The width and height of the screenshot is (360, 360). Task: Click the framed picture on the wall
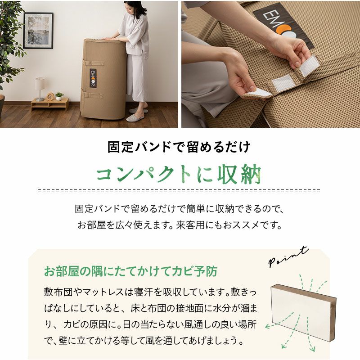pyautogui.click(x=38, y=30)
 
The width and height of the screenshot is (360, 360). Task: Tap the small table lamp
pyautogui.click(x=40, y=89)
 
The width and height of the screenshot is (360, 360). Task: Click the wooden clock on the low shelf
pyautogui.click(x=50, y=96)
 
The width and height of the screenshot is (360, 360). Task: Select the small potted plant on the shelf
pyautogui.click(x=59, y=96)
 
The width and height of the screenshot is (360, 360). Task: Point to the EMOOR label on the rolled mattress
pyautogui.click(x=93, y=78)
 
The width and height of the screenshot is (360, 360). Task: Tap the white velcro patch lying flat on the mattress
pyautogui.click(x=283, y=83)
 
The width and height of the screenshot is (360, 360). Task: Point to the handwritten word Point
pyautogui.click(x=288, y=256)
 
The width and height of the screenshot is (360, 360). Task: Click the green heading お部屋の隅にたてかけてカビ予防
pyautogui.click(x=130, y=271)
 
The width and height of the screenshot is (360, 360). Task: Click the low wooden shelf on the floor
pyautogui.click(x=50, y=104)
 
